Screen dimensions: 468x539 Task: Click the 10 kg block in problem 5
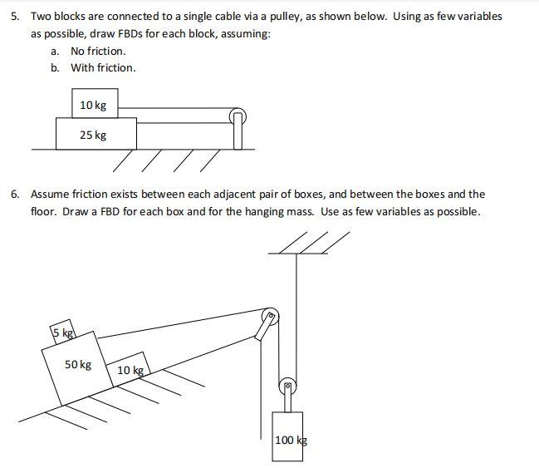94,105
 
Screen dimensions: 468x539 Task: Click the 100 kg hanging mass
289,437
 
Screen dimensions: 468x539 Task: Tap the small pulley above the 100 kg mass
287,386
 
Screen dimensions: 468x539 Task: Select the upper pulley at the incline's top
269,317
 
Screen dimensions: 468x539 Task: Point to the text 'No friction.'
98,51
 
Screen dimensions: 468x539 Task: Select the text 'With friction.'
103,67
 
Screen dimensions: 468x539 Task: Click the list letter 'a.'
55,51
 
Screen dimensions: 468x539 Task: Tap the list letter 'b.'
55,67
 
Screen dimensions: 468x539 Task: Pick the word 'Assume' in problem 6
50,194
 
